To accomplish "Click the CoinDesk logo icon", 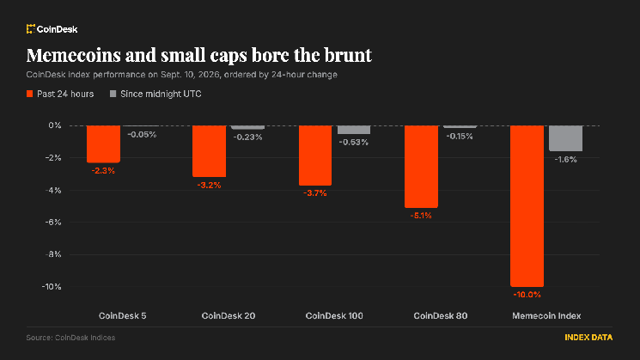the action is (x=30, y=29).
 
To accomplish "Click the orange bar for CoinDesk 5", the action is (x=104, y=144).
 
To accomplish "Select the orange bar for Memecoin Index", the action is (x=527, y=206).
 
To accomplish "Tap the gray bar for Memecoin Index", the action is (x=566, y=138).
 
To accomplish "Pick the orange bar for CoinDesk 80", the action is (x=421, y=167).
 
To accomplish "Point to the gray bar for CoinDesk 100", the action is (x=354, y=130).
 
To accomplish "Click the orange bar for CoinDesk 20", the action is (x=209, y=151).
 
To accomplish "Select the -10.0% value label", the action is (x=527, y=295).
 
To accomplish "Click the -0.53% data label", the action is (x=353, y=143).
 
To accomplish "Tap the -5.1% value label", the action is (x=421, y=216).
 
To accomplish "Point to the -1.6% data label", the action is (x=566, y=160).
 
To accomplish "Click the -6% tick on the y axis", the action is (x=52, y=223).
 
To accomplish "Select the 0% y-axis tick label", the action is (x=55, y=125).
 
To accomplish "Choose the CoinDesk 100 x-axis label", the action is (x=334, y=316).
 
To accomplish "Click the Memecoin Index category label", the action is (x=546, y=316).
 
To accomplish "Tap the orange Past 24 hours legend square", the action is (x=29, y=94).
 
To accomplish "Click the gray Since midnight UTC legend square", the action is (x=113, y=94).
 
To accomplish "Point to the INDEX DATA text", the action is (x=588, y=338).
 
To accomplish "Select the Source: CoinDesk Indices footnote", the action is (x=70, y=338).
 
